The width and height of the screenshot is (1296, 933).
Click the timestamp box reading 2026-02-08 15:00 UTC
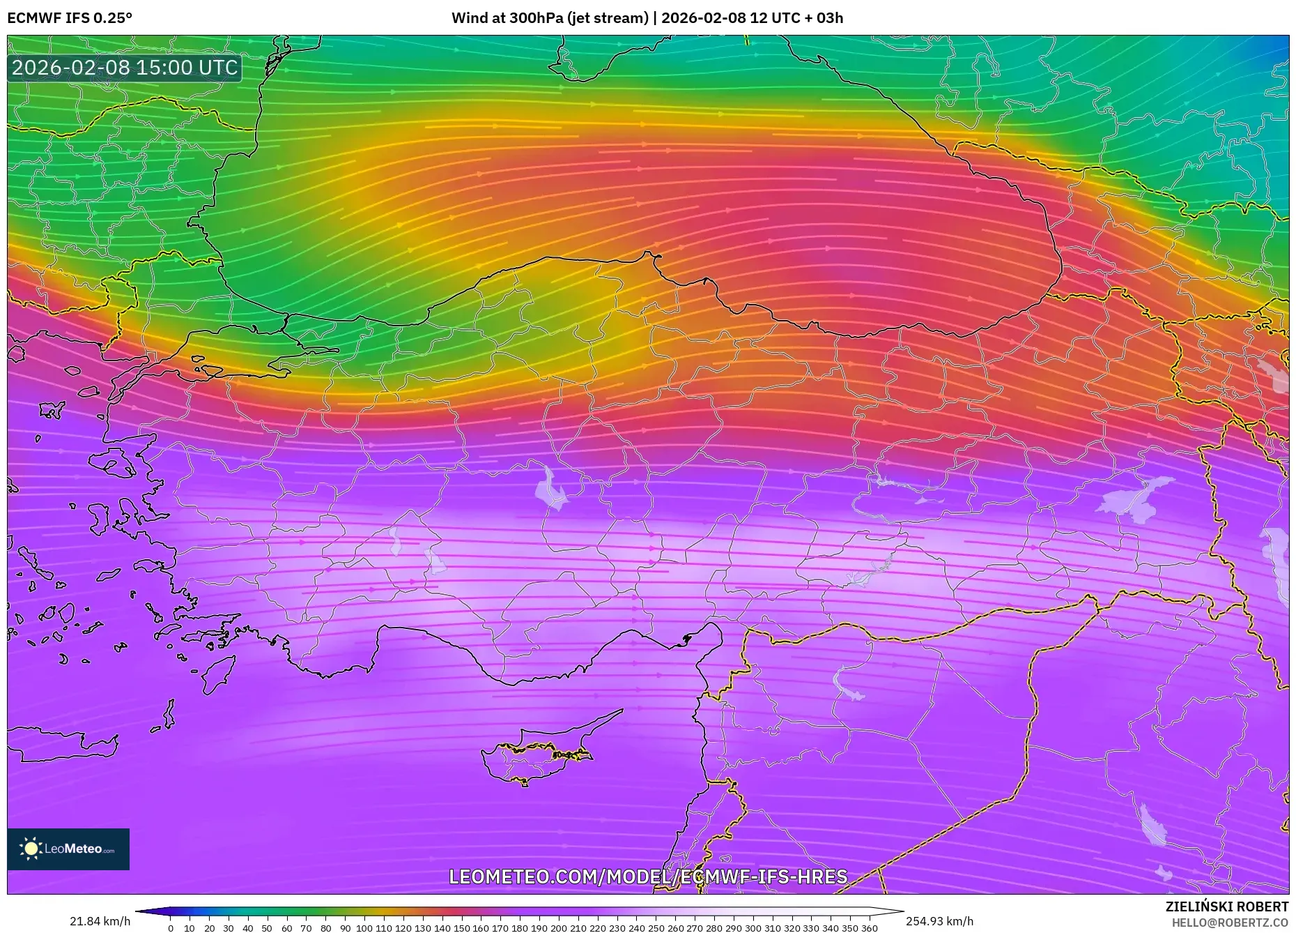(x=125, y=68)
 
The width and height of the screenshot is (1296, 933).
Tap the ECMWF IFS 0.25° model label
(x=70, y=18)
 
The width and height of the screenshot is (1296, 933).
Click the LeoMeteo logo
(x=68, y=849)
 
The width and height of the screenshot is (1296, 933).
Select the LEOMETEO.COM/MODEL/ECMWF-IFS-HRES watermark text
(x=648, y=877)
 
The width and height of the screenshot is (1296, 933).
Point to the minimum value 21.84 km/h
(x=100, y=921)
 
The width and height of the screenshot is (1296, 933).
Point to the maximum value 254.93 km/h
(x=939, y=921)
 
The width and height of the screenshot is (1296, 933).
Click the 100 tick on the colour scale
(x=364, y=928)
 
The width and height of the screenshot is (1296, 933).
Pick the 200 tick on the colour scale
(x=558, y=928)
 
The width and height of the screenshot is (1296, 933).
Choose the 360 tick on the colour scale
(x=869, y=928)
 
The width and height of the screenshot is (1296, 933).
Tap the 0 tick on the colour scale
(x=171, y=928)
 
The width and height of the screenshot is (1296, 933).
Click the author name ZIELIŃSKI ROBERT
(x=1226, y=907)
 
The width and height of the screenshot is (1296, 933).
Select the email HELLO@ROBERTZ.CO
(x=1230, y=923)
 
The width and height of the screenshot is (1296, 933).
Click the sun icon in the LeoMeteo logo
(x=31, y=849)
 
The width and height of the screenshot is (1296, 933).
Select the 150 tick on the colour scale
(x=461, y=928)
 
